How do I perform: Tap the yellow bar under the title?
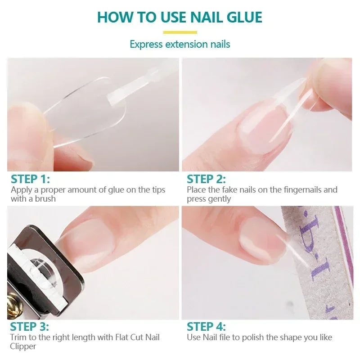180,32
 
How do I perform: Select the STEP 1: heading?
30,179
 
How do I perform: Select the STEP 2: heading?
206,179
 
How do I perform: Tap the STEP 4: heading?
206,327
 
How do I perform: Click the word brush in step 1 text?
45,198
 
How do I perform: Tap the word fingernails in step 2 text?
302,190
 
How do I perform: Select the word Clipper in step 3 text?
23,346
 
